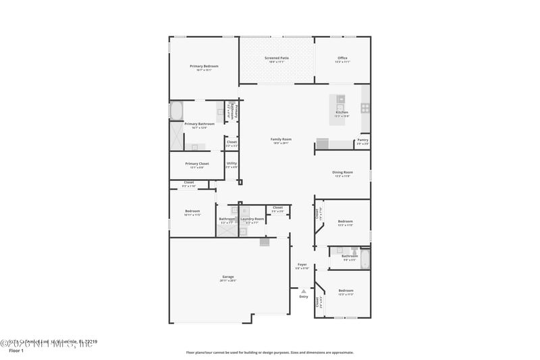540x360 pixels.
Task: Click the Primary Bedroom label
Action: click(204, 66)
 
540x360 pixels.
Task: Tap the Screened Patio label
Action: click(276, 58)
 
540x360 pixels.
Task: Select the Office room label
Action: click(342, 58)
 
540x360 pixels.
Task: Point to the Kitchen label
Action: click(342, 112)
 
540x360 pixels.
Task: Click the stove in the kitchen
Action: click(365, 107)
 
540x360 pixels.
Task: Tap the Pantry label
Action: click(362, 140)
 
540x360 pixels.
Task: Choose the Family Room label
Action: click(281, 139)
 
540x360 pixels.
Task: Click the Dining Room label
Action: click(342, 172)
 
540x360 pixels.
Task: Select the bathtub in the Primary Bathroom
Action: click(175, 110)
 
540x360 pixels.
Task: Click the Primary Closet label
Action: click(197, 163)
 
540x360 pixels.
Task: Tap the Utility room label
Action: click(232, 163)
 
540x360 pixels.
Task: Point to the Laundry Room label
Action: click(252, 219)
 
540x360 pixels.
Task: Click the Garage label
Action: click(228, 277)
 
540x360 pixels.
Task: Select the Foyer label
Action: click(302, 265)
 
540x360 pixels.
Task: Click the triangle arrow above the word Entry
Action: click(303, 291)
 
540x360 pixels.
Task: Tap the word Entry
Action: click(304, 297)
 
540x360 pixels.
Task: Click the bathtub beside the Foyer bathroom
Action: click(365, 258)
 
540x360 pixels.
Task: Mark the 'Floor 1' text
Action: click(16, 351)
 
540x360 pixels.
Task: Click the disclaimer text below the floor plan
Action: click(269, 352)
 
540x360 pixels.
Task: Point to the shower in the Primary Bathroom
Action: click(175, 137)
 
